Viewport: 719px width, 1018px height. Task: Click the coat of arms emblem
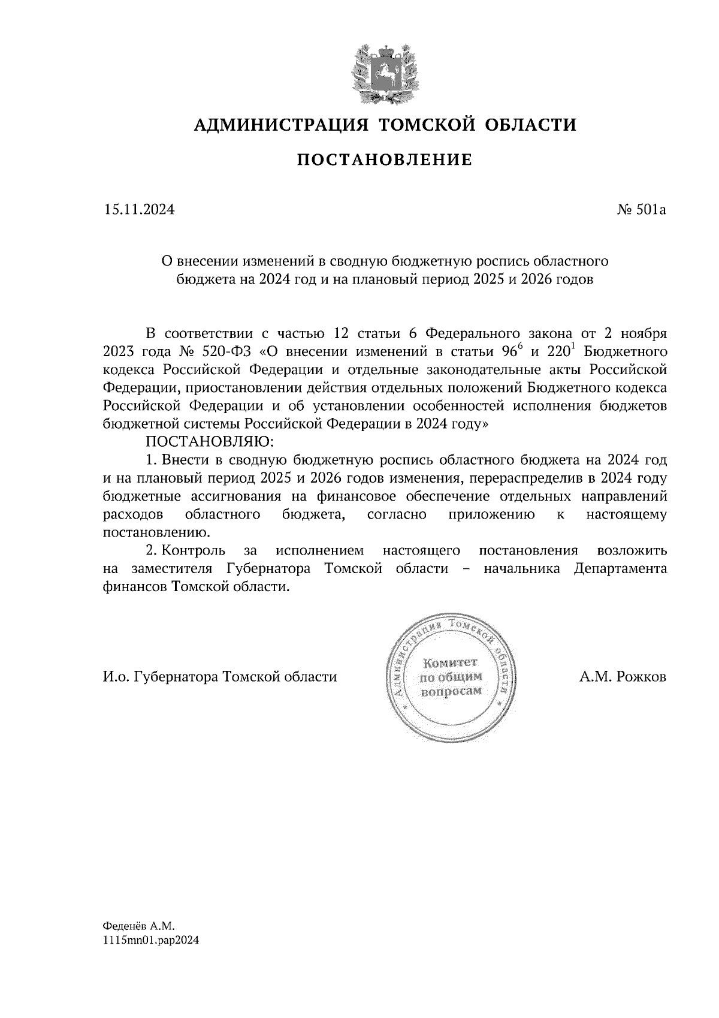point(385,73)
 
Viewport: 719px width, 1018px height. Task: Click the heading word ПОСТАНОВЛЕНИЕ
point(385,159)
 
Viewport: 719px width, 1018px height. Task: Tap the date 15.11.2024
point(140,210)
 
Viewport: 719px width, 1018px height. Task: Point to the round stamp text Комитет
point(450,663)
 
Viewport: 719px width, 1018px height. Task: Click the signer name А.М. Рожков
point(623,677)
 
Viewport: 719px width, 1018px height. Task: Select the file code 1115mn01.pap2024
point(150,941)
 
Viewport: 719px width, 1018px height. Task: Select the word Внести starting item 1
point(184,460)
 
